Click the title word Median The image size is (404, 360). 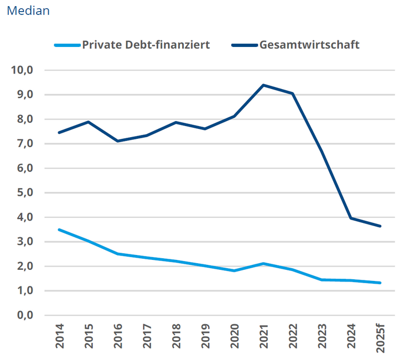point(28,11)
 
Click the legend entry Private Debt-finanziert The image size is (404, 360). point(146,45)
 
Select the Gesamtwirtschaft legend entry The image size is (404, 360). point(309,45)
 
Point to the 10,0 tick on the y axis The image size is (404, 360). point(23,70)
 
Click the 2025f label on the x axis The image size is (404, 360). point(380,337)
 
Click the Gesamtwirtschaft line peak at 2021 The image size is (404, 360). point(263,85)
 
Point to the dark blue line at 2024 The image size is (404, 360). point(351,218)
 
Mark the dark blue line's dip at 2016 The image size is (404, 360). point(117,141)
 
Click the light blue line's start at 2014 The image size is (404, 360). point(59,229)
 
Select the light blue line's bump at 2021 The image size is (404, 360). point(263,263)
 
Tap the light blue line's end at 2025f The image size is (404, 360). point(380,283)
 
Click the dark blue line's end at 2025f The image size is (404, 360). point(380,226)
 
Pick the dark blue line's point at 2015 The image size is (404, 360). point(89,122)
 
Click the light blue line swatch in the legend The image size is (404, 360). point(68,45)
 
